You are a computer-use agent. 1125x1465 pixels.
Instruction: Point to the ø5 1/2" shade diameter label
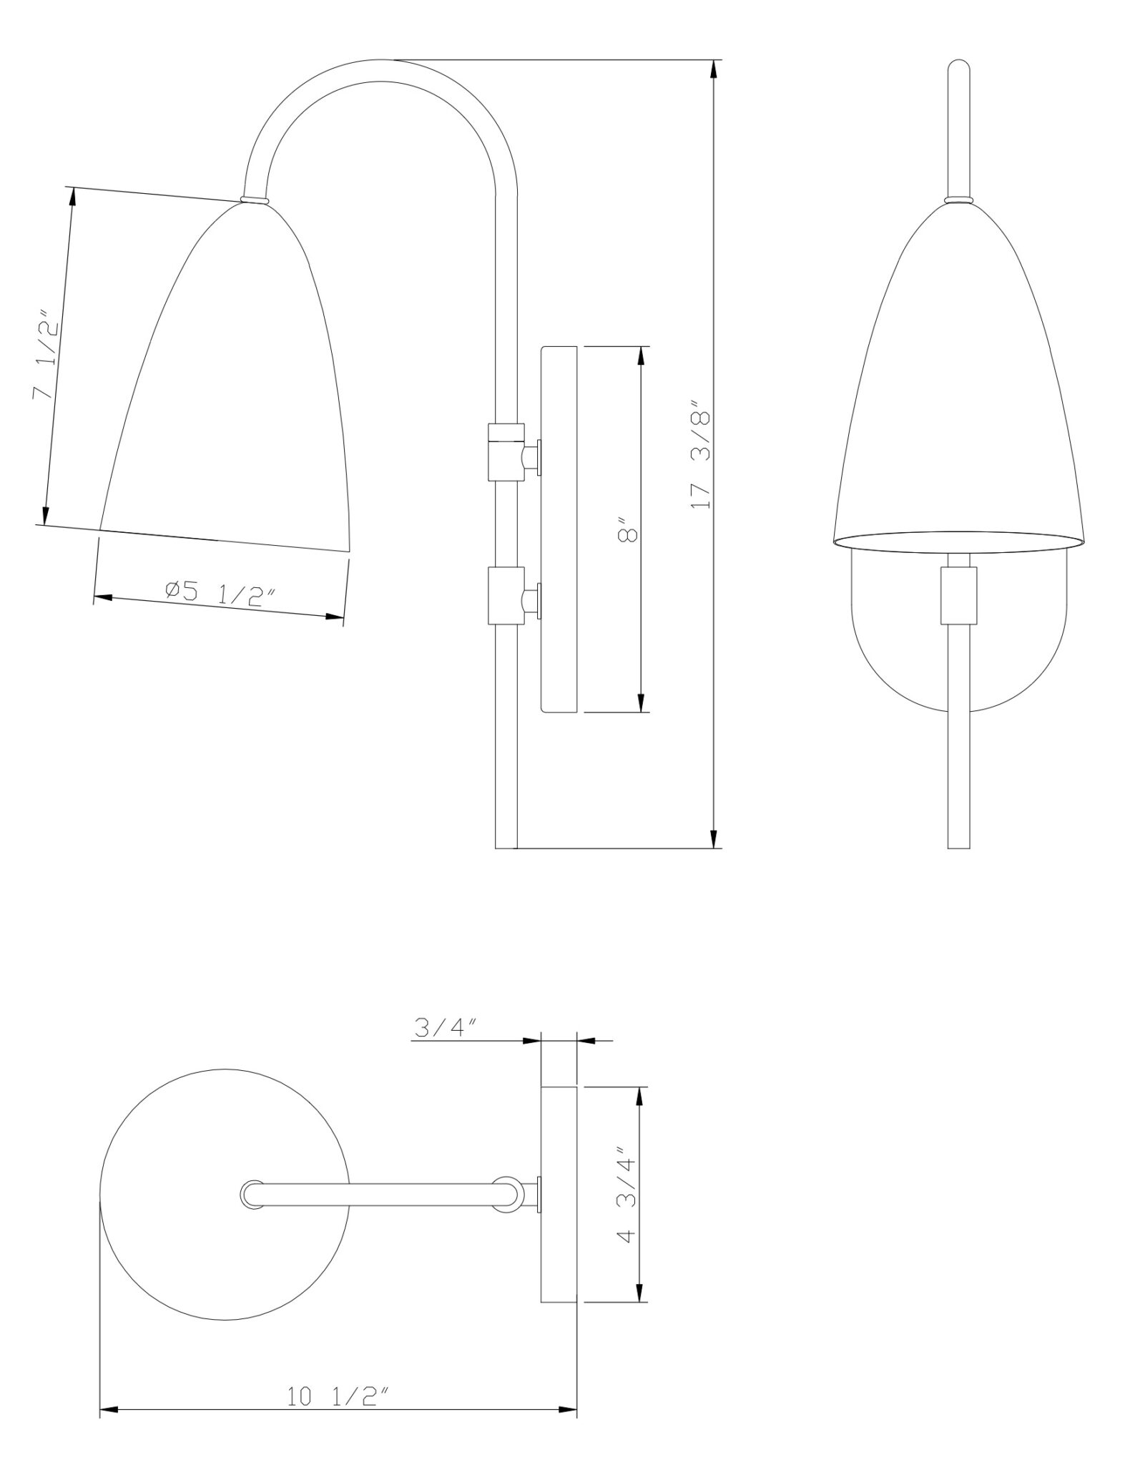tap(219, 593)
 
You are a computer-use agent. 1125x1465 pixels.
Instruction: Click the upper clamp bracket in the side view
tap(506, 451)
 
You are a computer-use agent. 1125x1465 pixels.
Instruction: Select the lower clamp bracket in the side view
tap(506, 594)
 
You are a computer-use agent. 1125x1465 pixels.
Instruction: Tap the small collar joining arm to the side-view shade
tap(255, 200)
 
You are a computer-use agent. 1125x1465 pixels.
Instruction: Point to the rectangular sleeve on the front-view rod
tap(958, 595)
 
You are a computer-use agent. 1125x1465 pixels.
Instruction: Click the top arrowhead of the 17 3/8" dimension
tap(713, 69)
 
